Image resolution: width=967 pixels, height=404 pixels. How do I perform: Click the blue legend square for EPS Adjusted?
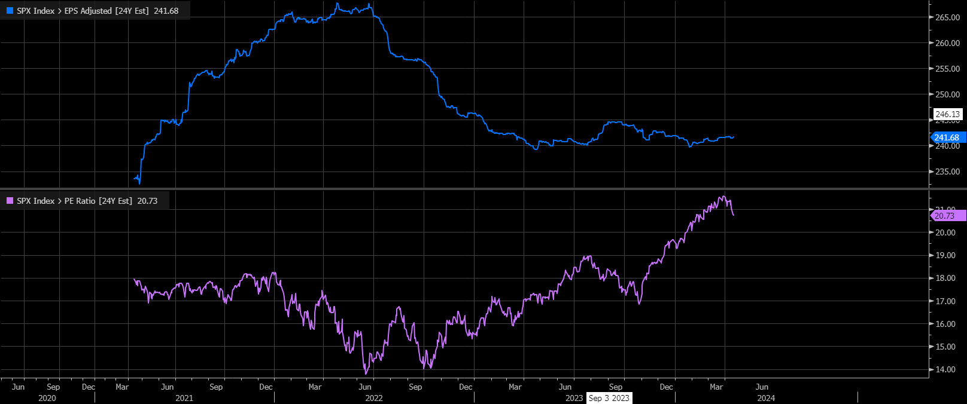tap(10, 11)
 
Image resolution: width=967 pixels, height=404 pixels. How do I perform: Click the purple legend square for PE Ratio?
tap(10, 201)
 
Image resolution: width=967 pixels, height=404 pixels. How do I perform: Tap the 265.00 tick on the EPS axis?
tap(947, 17)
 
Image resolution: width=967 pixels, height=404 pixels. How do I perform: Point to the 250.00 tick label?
tap(947, 94)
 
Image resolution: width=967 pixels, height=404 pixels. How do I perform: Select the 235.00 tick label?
tap(947, 172)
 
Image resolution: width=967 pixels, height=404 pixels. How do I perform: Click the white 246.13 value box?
tap(947, 114)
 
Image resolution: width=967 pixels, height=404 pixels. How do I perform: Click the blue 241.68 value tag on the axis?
tap(947, 137)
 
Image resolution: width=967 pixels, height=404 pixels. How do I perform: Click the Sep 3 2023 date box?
tap(609, 398)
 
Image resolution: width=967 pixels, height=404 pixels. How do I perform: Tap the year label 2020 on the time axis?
tap(47, 398)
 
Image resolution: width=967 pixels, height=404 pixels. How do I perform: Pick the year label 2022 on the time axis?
tap(374, 398)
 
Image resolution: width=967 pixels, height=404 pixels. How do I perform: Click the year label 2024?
tap(766, 398)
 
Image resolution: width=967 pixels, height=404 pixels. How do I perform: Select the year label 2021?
tap(184, 398)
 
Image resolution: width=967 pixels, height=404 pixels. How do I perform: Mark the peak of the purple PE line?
tap(723, 196)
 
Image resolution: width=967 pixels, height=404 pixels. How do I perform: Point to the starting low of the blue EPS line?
tap(139, 183)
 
